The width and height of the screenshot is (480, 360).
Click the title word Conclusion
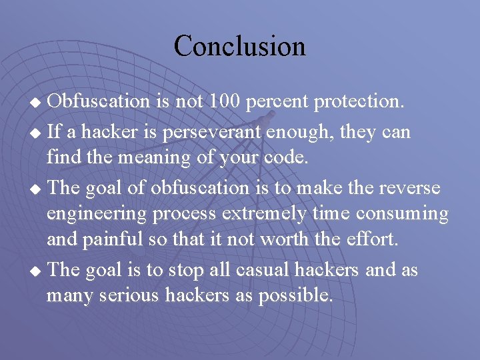point(240,46)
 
